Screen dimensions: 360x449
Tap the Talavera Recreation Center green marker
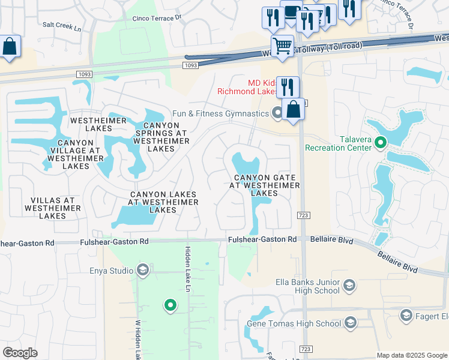click(379, 143)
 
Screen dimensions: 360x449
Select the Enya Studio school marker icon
click(142, 271)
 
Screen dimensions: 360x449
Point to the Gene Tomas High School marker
click(351, 324)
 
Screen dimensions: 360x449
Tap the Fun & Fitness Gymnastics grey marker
click(277, 113)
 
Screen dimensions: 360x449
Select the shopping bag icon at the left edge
click(10, 46)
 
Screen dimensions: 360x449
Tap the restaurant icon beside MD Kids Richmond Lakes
click(288, 87)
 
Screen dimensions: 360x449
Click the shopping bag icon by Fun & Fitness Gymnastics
click(293, 110)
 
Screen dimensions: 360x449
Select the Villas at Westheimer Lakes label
click(49, 208)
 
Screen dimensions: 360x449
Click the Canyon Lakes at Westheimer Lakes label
click(163, 202)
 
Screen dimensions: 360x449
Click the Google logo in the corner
click(20, 353)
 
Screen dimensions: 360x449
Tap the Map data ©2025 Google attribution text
click(412, 355)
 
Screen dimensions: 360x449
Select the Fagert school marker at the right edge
click(406, 316)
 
